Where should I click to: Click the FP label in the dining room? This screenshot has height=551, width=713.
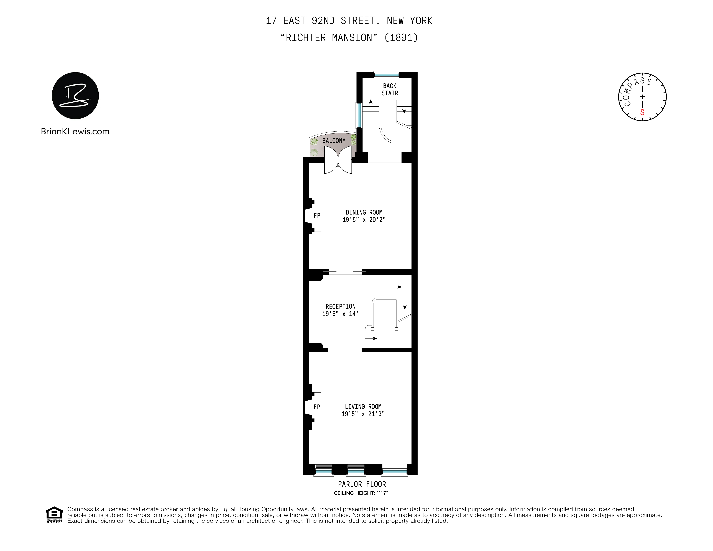[x=317, y=216]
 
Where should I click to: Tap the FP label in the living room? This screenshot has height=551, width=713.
[x=317, y=407]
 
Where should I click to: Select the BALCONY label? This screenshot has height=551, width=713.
[x=334, y=141]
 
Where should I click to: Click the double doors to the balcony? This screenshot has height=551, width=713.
[x=338, y=160]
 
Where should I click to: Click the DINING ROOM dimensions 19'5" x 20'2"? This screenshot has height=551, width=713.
[x=364, y=220]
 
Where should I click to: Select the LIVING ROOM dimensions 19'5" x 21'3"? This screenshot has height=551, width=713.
[x=363, y=414]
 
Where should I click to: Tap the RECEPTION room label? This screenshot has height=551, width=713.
[x=341, y=306]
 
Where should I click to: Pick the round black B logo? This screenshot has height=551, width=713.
[x=75, y=96]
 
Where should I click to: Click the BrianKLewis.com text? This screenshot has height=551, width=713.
[x=75, y=132]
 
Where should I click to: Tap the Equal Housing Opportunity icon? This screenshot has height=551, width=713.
[x=54, y=514]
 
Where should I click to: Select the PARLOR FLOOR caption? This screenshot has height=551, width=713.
[x=362, y=484]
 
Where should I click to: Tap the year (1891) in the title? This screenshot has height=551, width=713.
[x=401, y=38]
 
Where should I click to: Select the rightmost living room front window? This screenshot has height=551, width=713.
[x=394, y=471]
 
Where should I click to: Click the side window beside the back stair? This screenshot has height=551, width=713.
[x=359, y=115]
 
